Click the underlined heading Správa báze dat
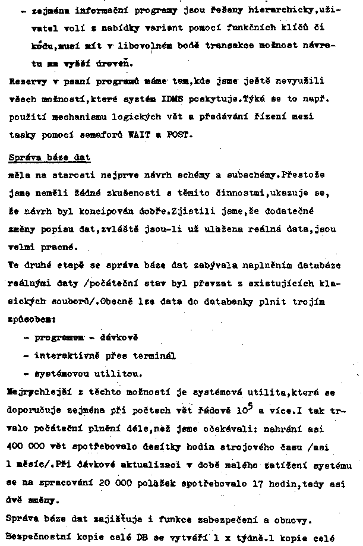(x=50, y=157)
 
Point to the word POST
(x=177, y=135)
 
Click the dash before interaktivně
(x=27, y=356)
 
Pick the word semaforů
(x=101, y=135)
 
